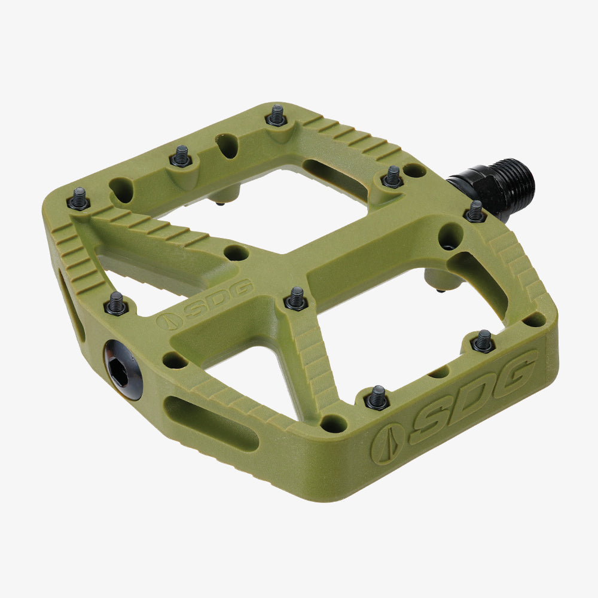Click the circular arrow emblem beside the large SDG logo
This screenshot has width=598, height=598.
tap(387, 443)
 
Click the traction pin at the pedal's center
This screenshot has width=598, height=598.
tap(296, 298)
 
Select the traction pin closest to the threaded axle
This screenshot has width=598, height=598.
tap(475, 211)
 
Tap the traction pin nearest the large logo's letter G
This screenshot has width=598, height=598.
tap(483, 341)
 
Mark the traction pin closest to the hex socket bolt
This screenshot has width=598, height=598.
tap(116, 303)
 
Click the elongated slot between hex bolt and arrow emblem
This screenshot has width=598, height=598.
tap(210, 423)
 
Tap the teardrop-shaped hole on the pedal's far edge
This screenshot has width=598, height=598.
tap(227, 145)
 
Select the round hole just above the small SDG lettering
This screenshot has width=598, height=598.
tap(237, 252)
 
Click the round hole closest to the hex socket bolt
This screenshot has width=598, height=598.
tap(174, 360)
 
